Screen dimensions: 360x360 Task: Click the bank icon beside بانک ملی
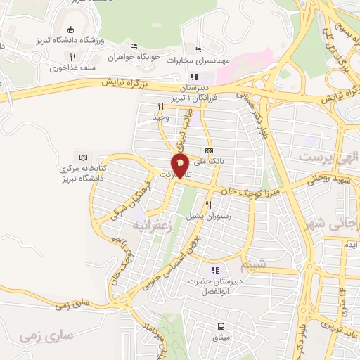click(209, 150)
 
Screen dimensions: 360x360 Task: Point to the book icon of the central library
click(84, 156)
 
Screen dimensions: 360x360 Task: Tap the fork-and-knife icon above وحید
click(160, 107)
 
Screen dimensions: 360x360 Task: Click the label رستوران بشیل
click(209, 217)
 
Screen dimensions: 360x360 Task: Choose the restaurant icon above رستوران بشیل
click(209, 206)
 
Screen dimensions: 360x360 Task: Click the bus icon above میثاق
click(221, 326)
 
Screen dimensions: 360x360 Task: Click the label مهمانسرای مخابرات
click(200, 60)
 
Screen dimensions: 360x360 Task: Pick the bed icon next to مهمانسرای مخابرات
click(198, 49)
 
